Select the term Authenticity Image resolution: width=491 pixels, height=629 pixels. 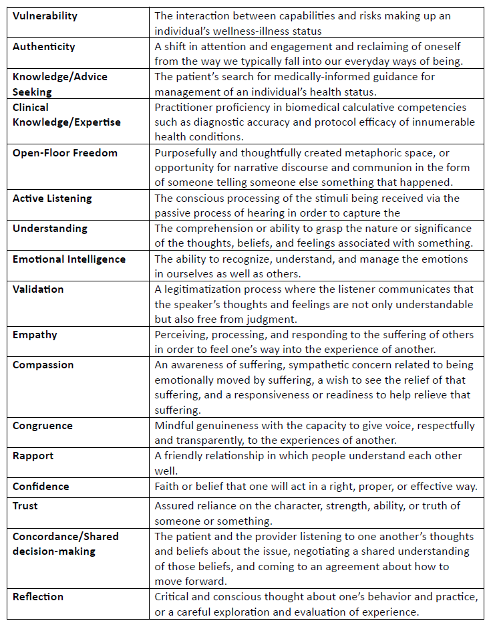click(x=43, y=47)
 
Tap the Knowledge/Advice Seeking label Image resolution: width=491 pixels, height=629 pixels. click(x=59, y=84)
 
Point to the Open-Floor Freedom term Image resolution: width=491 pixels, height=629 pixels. click(x=65, y=152)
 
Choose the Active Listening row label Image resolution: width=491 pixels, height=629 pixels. click(x=52, y=198)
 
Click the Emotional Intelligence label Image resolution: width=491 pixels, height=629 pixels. click(x=69, y=259)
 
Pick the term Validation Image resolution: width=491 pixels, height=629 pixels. click(x=38, y=289)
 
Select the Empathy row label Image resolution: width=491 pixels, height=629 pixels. click(x=35, y=334)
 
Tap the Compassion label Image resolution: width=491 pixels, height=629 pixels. click(x=43, y=365)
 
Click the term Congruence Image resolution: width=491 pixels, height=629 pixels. click(x=43, y=425)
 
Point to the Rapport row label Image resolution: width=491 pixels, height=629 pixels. click(x=33, y=456)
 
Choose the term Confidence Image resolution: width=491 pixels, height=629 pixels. click(x=41, y=487)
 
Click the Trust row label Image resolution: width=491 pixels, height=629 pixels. click(x=25, y=506)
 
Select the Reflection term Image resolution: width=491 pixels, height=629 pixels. click(x=38, y=596)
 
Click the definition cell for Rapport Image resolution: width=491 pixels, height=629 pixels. click(x=318, y=463)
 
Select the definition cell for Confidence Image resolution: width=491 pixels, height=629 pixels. click(x=318, y=486)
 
